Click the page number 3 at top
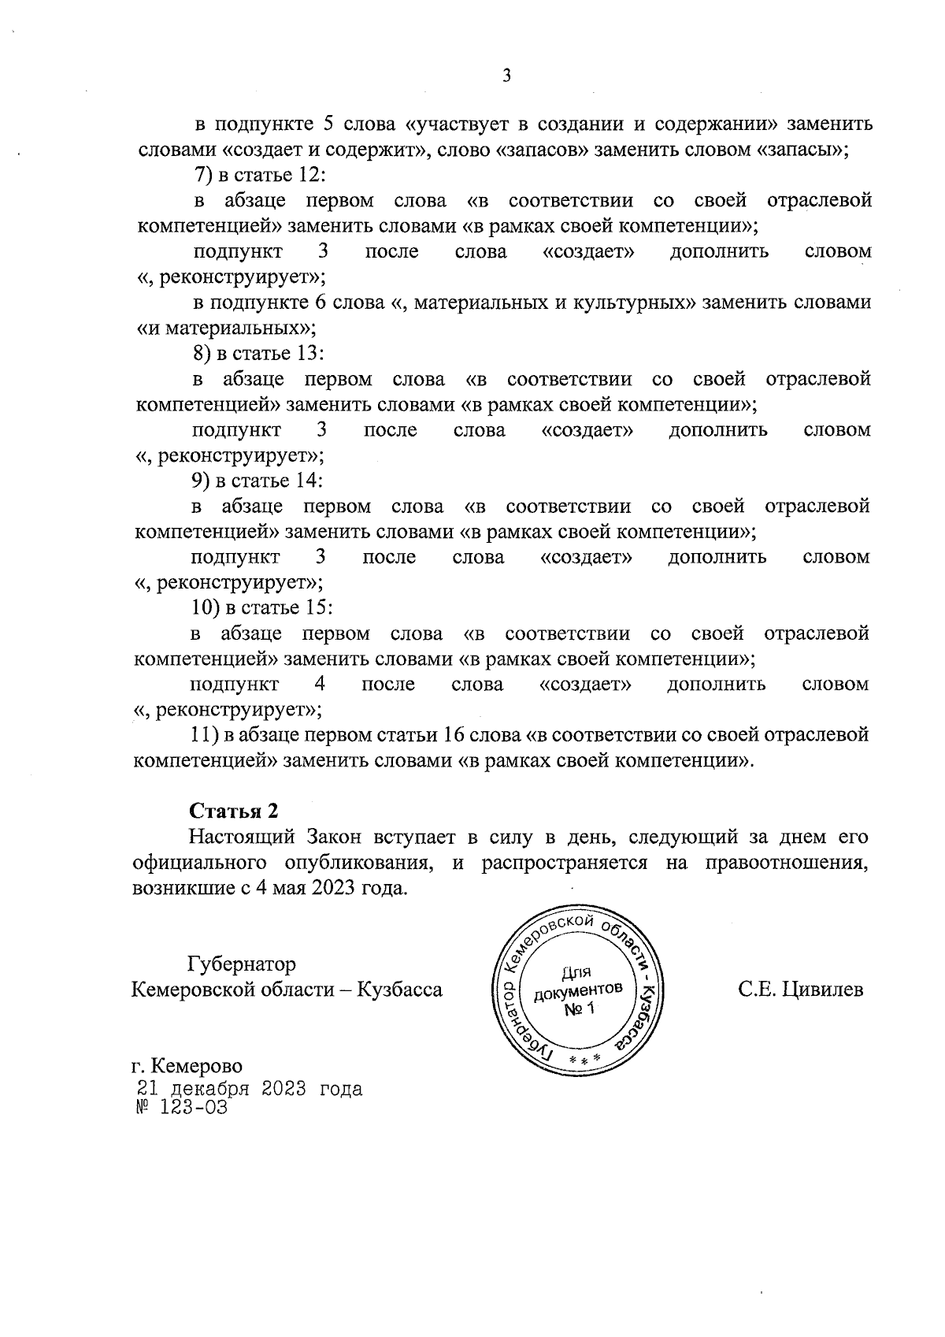pos(506,76)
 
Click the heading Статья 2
pos(233,811)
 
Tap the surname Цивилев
pos(824,990)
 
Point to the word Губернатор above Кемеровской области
pos(242,964)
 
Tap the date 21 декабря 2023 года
pos(250,1089)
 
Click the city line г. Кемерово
pos(187,1066)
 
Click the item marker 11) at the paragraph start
pos(205,735)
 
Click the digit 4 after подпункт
pos(320,684)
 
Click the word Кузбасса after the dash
pos(400,990)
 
